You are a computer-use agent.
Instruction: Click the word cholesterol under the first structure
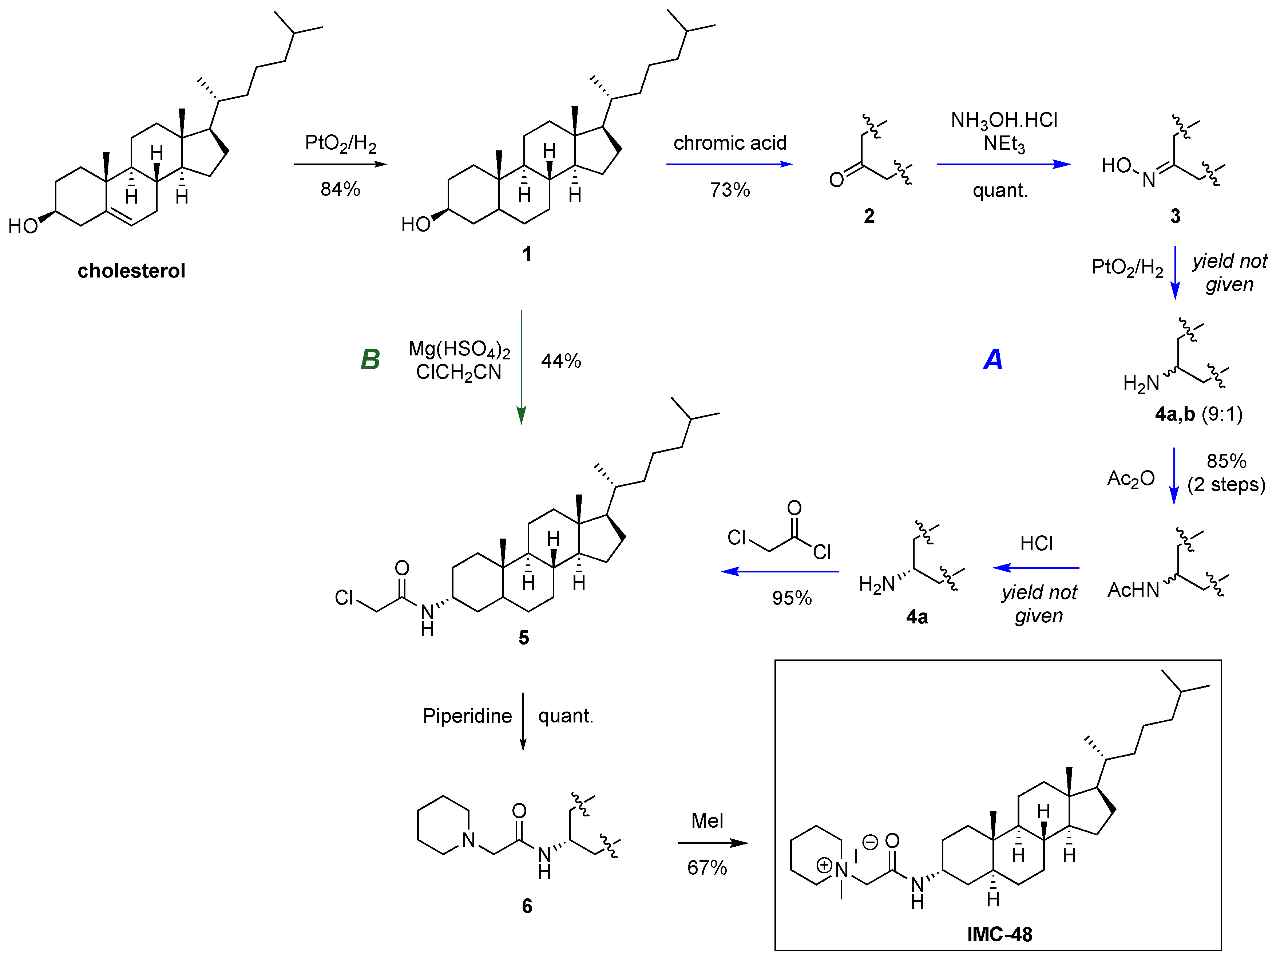point(131,271)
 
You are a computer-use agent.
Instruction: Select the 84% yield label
point(340,189)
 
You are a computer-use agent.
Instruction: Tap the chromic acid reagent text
point(730,143)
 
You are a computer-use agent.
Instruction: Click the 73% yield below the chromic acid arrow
point(730,190)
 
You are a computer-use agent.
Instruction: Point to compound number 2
point(869,216)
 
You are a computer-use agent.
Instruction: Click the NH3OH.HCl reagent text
point(1004,121)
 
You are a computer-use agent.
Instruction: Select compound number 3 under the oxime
point(1175,216)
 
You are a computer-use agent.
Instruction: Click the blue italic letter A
point(993,359)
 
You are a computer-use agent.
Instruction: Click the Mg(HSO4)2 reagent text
point(459,349)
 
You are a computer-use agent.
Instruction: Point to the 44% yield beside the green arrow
point(561,361)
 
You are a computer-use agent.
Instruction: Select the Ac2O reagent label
point(1130,479)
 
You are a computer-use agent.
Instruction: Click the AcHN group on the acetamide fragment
point(1133,590)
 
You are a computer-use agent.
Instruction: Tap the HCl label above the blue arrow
point(1037,544)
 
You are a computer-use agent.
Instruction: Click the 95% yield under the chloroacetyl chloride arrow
point(792,598)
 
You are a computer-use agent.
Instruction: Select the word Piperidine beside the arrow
point(467,716)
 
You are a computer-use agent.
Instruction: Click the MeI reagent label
point(707,821)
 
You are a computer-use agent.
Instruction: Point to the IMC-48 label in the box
point(999,934)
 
